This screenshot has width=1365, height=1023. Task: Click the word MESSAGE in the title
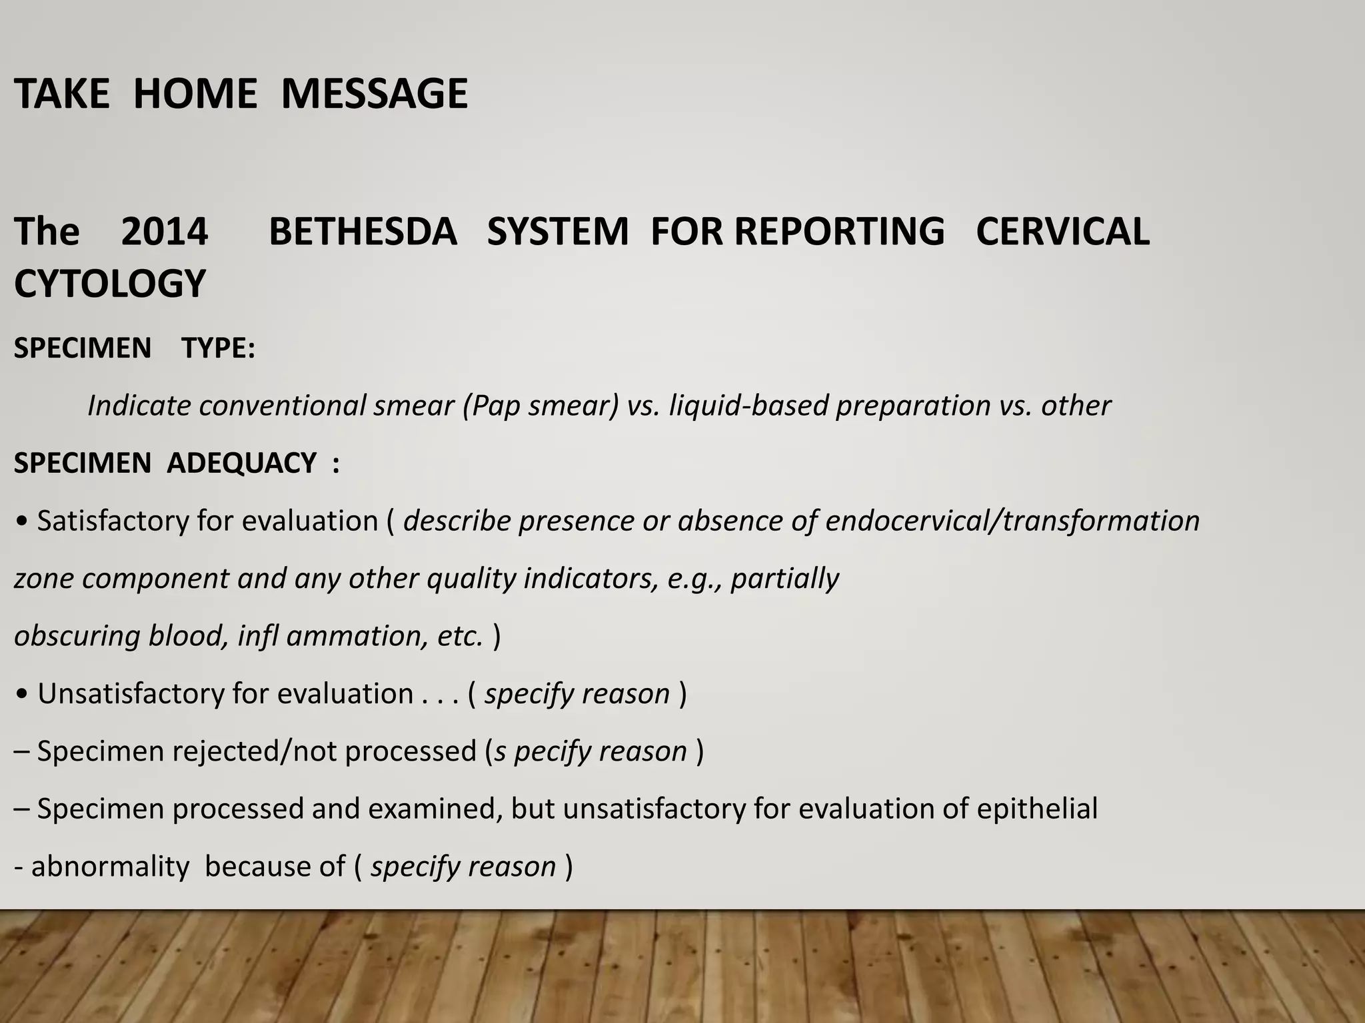tap(374, 93)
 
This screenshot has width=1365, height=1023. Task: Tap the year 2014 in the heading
tap(165, 231)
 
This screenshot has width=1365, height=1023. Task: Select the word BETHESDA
tap(363, 231)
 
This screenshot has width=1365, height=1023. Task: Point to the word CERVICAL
tap(1062, 231)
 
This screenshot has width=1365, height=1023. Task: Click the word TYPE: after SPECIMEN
tap(219, 348)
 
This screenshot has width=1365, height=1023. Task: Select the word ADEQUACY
tap(242, 463)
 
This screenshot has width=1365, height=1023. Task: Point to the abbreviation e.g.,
tap(695, 578)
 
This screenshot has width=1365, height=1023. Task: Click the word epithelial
tap(1037, 809)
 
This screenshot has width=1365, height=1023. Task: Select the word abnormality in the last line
tap(110, 866)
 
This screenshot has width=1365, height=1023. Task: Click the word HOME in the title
tap(195, 93)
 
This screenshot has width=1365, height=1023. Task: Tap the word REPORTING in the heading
tap(840, 231)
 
